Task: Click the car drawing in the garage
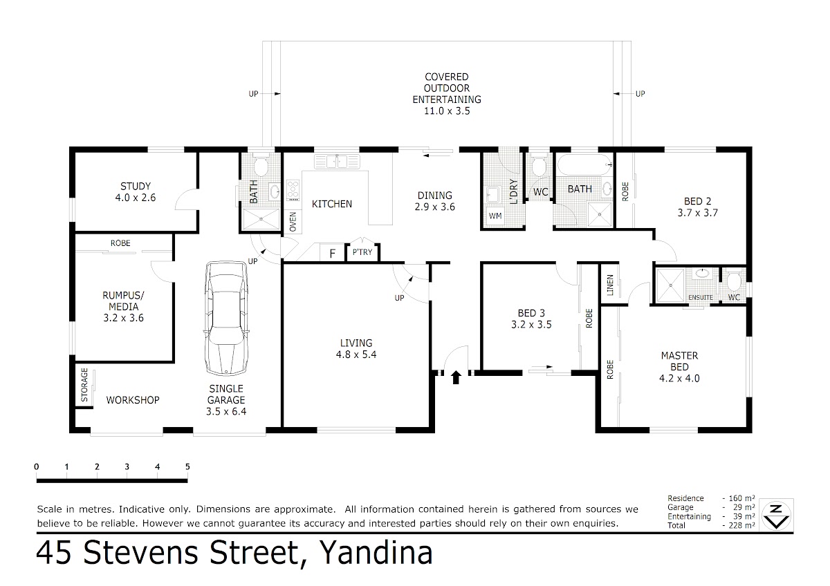coord(225,319)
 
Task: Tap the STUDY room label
coord(136,186)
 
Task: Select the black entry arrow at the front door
coord(456,377)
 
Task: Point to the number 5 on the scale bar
coord(187,467)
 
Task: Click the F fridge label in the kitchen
coord(333,254)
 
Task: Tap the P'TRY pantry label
coord(362,252)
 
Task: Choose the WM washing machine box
coord(495,216)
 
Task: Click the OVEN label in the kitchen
coord(293,222)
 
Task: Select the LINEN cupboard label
coord(610,285)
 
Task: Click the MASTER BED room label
coord(679,361)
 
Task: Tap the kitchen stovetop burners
coord(293,190)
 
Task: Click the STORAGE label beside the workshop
coord(84,385)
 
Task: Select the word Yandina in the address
coord(376,553)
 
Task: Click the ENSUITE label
coord(701,298)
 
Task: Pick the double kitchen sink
coord(337,162)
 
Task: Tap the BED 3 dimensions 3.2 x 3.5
coord(531,325)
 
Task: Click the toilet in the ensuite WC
coord(734,281)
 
